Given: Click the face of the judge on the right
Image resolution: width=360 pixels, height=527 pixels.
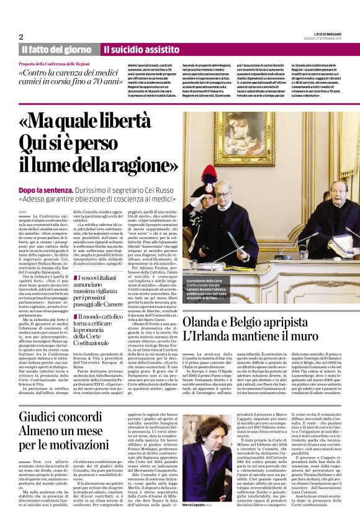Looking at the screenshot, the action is point(338,192).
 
